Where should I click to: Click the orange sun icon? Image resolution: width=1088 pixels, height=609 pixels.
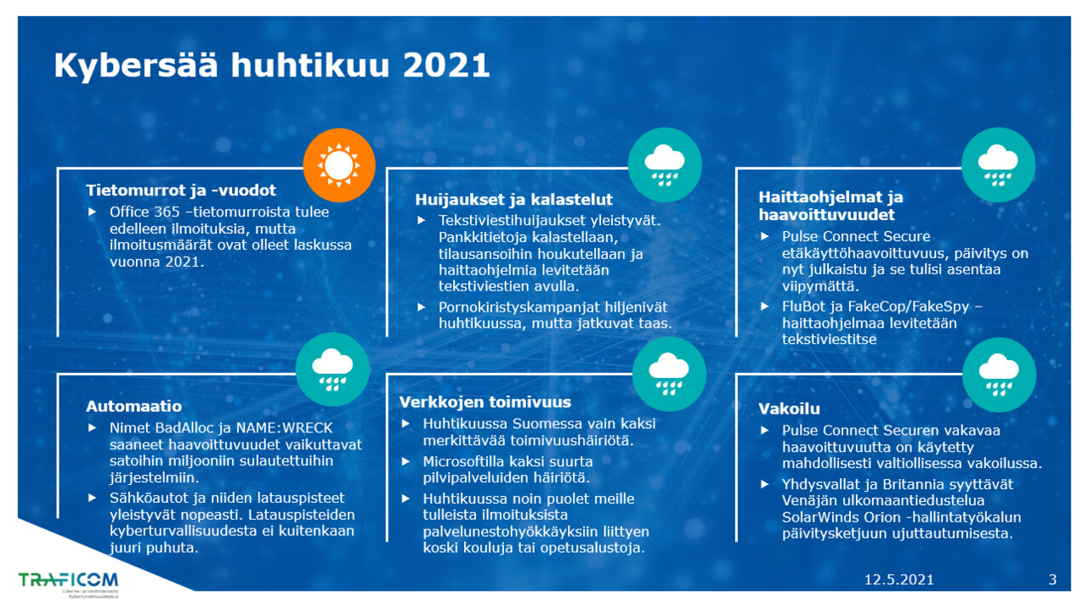pos(339,165)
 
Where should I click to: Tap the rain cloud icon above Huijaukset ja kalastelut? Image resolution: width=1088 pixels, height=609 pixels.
pos(665,165)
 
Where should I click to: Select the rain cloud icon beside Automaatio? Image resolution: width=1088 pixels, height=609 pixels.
pos(332,369)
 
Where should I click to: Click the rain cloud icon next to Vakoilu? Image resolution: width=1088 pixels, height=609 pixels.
pos(999,375)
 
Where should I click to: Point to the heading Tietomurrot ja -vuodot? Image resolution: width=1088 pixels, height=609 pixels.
pos(181,190)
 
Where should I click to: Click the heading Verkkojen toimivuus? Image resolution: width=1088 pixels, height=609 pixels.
pos(485,402)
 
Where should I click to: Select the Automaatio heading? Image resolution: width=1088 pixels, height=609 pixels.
pos(134,406)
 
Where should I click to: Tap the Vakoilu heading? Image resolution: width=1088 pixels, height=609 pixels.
pos(790,409)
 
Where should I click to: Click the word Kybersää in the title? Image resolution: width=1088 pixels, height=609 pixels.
pos(136,65)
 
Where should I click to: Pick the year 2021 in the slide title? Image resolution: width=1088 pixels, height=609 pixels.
pos(446,65)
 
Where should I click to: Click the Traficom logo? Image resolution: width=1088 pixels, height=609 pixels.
pos(69,584)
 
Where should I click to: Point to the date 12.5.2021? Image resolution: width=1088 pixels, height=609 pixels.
pos(899,579)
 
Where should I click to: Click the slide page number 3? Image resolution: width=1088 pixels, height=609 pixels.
pos(1052,579)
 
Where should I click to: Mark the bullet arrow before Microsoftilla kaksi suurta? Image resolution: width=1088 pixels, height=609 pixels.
pos(406,461)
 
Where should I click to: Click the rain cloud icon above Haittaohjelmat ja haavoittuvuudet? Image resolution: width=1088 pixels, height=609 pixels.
pos(999,165)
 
